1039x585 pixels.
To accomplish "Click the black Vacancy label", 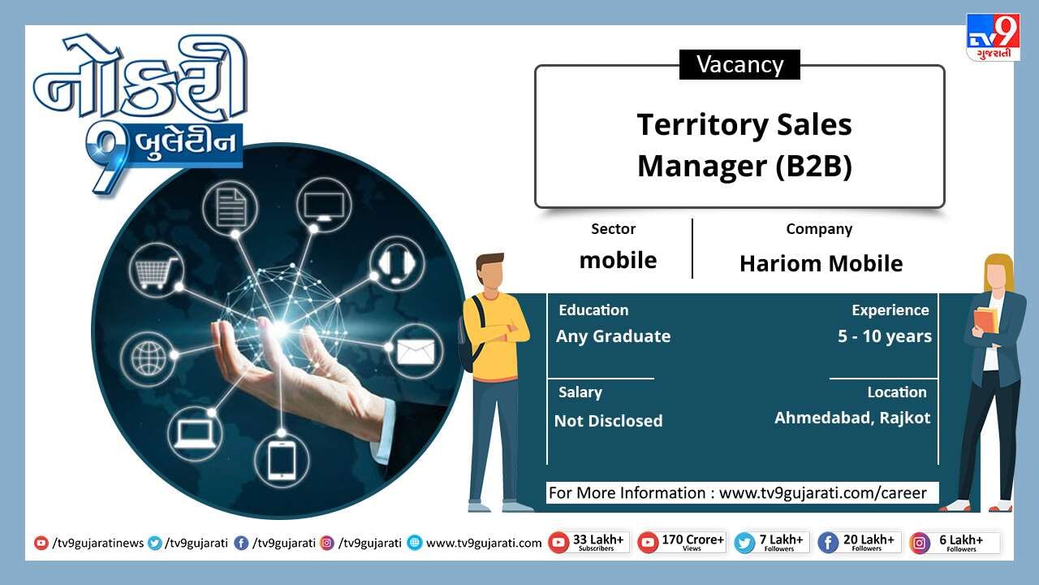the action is tap(739, 64).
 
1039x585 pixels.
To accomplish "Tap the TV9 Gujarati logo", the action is tap(993, 37).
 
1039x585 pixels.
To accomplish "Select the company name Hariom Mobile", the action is tap(821, 264).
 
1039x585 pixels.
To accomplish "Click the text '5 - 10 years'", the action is tap(885, 336).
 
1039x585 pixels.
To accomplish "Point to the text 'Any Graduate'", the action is tap(613, 336).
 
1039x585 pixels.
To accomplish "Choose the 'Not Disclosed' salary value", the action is tap(608, 421).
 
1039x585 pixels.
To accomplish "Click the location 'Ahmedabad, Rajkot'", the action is tap(852, 418).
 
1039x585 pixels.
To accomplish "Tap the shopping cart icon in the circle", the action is tap(156, 271).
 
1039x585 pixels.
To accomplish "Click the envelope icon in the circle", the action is tap(416, 352).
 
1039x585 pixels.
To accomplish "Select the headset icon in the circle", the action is tap(397, 264).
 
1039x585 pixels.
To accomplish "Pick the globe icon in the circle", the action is tap(149, 358).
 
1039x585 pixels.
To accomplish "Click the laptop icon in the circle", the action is tap(195, 434).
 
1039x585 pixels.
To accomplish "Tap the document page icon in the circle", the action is tap(231, 207).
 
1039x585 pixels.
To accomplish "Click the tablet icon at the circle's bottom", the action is tap(282, 460).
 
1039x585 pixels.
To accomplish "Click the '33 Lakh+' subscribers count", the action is tap(598, 539).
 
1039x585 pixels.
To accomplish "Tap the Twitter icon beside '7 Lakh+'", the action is tap(744, 543).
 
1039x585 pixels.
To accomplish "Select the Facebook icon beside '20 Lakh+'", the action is tap(828, 543).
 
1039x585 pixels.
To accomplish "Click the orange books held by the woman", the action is tap(985, 320).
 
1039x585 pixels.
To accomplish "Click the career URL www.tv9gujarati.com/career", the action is tap(823, 492).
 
